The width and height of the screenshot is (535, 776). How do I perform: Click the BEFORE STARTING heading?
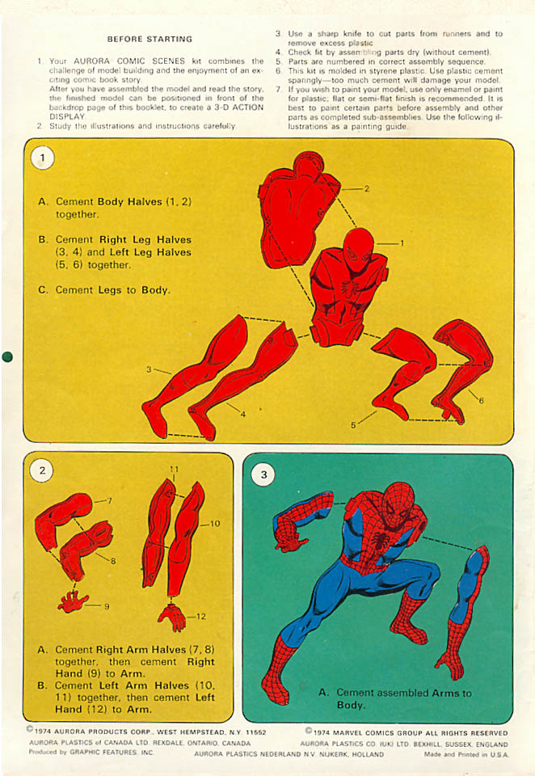pyautogui.click(x=150, y=39)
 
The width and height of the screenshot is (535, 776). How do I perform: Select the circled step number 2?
pyautogui.click(x=42, y=470)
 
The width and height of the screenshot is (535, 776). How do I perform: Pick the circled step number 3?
pyautogui.click(x=263, y=475)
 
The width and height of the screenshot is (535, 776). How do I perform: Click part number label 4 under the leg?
pyautogui.click(x=242, y=415)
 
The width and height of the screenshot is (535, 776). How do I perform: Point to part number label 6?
pyautogui.click(x=481, y=400)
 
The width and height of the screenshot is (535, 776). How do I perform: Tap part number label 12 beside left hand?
pyautogui.click(x=200, y=617)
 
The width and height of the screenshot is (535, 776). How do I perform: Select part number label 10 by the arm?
pyautogui.click(x=215, y=524)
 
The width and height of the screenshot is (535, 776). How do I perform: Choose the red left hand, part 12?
pyautogui.click(x=171, y=616)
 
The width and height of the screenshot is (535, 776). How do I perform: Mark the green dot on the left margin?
pyautogui.click(x=8, y=356)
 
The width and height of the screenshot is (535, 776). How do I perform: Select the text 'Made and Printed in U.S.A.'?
pyautogui.click(x=466, y=754)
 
